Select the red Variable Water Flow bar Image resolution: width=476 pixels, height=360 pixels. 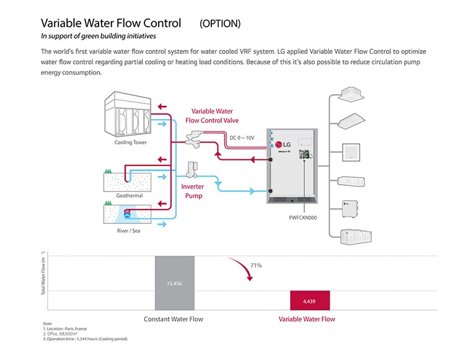[x=309, y=300]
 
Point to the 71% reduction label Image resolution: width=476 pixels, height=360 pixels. [x=256, y=265]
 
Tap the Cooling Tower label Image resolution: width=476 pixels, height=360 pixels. [x=131, y=143]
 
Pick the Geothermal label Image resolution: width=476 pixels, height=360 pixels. [x=129, y=196]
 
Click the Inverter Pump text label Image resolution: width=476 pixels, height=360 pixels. [x=192, y=191]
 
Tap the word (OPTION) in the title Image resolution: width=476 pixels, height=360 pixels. [x=220, y=24]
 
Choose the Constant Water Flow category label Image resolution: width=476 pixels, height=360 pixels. [x=174, y=319]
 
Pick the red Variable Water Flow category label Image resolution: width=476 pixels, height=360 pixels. [x=307, y=319]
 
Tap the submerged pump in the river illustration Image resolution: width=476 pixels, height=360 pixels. [x=128, y=214]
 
